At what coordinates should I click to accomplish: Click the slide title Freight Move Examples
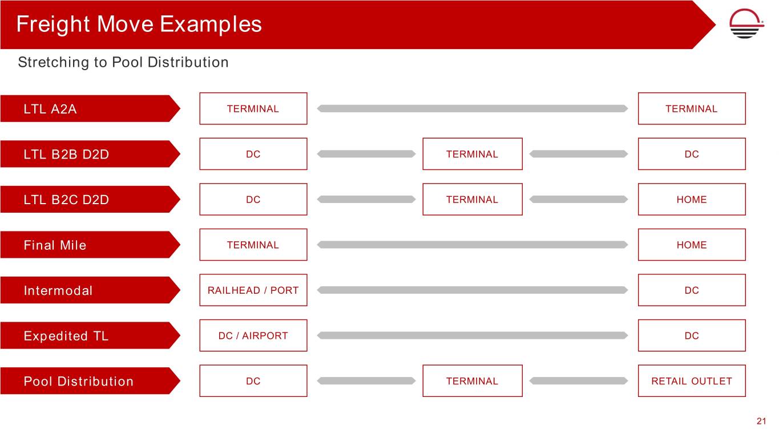tap(139, 24)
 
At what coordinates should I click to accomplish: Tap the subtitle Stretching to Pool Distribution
tap(123, 62)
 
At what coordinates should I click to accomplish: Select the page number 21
tap(761, 421)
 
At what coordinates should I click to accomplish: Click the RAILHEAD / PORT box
tap(253, 290)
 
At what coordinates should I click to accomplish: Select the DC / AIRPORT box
tap(253, 335)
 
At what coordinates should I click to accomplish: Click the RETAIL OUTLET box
tap(692, 381)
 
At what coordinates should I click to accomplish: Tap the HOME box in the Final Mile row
tap(692, 245)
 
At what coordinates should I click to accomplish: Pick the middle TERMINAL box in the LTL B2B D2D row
tap(473, 154)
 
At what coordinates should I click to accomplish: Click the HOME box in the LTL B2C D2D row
tap(692, 199)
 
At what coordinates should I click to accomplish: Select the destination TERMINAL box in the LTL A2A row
tap(692, 108)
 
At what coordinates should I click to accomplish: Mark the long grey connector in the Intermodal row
tap(473, 290)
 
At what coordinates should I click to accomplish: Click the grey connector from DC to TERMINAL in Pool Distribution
tap(366, 381)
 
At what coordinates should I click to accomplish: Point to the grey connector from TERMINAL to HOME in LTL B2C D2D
tap(579, 199)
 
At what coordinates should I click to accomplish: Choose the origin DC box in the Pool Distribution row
tap(253, 381)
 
